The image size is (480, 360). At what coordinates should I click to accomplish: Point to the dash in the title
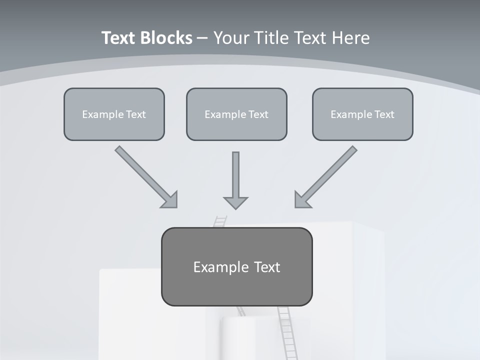tap(202, 38)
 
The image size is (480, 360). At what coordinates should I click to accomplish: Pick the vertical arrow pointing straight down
tap(235, 175)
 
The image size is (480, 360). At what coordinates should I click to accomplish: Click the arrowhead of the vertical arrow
tap(235, 202)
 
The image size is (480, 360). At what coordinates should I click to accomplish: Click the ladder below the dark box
tap(285, 330)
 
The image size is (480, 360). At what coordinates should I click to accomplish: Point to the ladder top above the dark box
tap(220, 221)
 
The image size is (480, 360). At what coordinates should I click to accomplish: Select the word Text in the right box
tap(384, 114)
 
